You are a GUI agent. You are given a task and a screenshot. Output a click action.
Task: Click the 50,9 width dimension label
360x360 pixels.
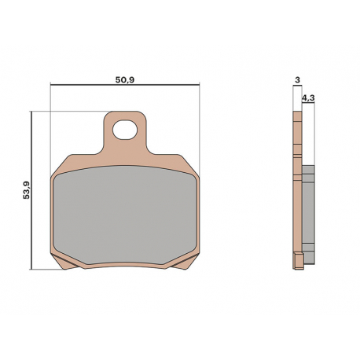click(x=125, y=79)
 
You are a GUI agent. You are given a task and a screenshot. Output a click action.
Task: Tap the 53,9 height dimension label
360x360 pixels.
click(x=27, y=190)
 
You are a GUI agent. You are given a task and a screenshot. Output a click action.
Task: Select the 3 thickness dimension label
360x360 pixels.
click(x=297, y=80)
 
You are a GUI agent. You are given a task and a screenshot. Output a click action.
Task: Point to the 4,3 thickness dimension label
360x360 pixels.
click(x=308, y=98)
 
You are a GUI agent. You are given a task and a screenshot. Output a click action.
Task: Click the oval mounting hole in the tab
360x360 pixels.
click(x=125, y=130)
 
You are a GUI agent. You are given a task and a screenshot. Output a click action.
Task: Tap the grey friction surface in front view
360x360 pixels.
click(x=125, y=215)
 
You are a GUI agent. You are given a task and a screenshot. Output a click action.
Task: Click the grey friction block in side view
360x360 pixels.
click(x=309, y=215)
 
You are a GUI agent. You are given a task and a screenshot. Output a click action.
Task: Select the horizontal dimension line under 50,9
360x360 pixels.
click(x=125, y=85)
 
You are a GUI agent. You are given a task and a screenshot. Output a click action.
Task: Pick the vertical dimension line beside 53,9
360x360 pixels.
click(x=31, y=190)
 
